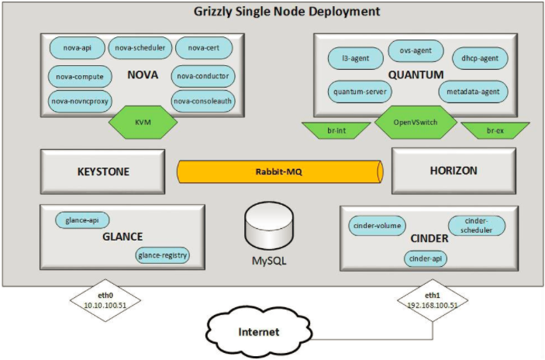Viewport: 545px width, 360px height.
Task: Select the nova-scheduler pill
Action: pyautogui.click(x=140, y=48)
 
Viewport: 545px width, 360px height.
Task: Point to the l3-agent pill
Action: pyautogui.click(x=350, y=57)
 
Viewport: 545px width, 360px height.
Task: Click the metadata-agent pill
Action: pyautogui.click(x=473, y=92)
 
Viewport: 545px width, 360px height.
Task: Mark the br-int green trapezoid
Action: pyautogui.click(x=336, y=130)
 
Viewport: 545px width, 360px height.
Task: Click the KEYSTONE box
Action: pyautogui.click(x=103, y=171)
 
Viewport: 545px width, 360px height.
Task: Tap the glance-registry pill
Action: pyautogui.click(x=163, y=254)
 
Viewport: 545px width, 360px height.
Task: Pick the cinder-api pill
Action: pyautogui.click(x=425, y=258)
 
